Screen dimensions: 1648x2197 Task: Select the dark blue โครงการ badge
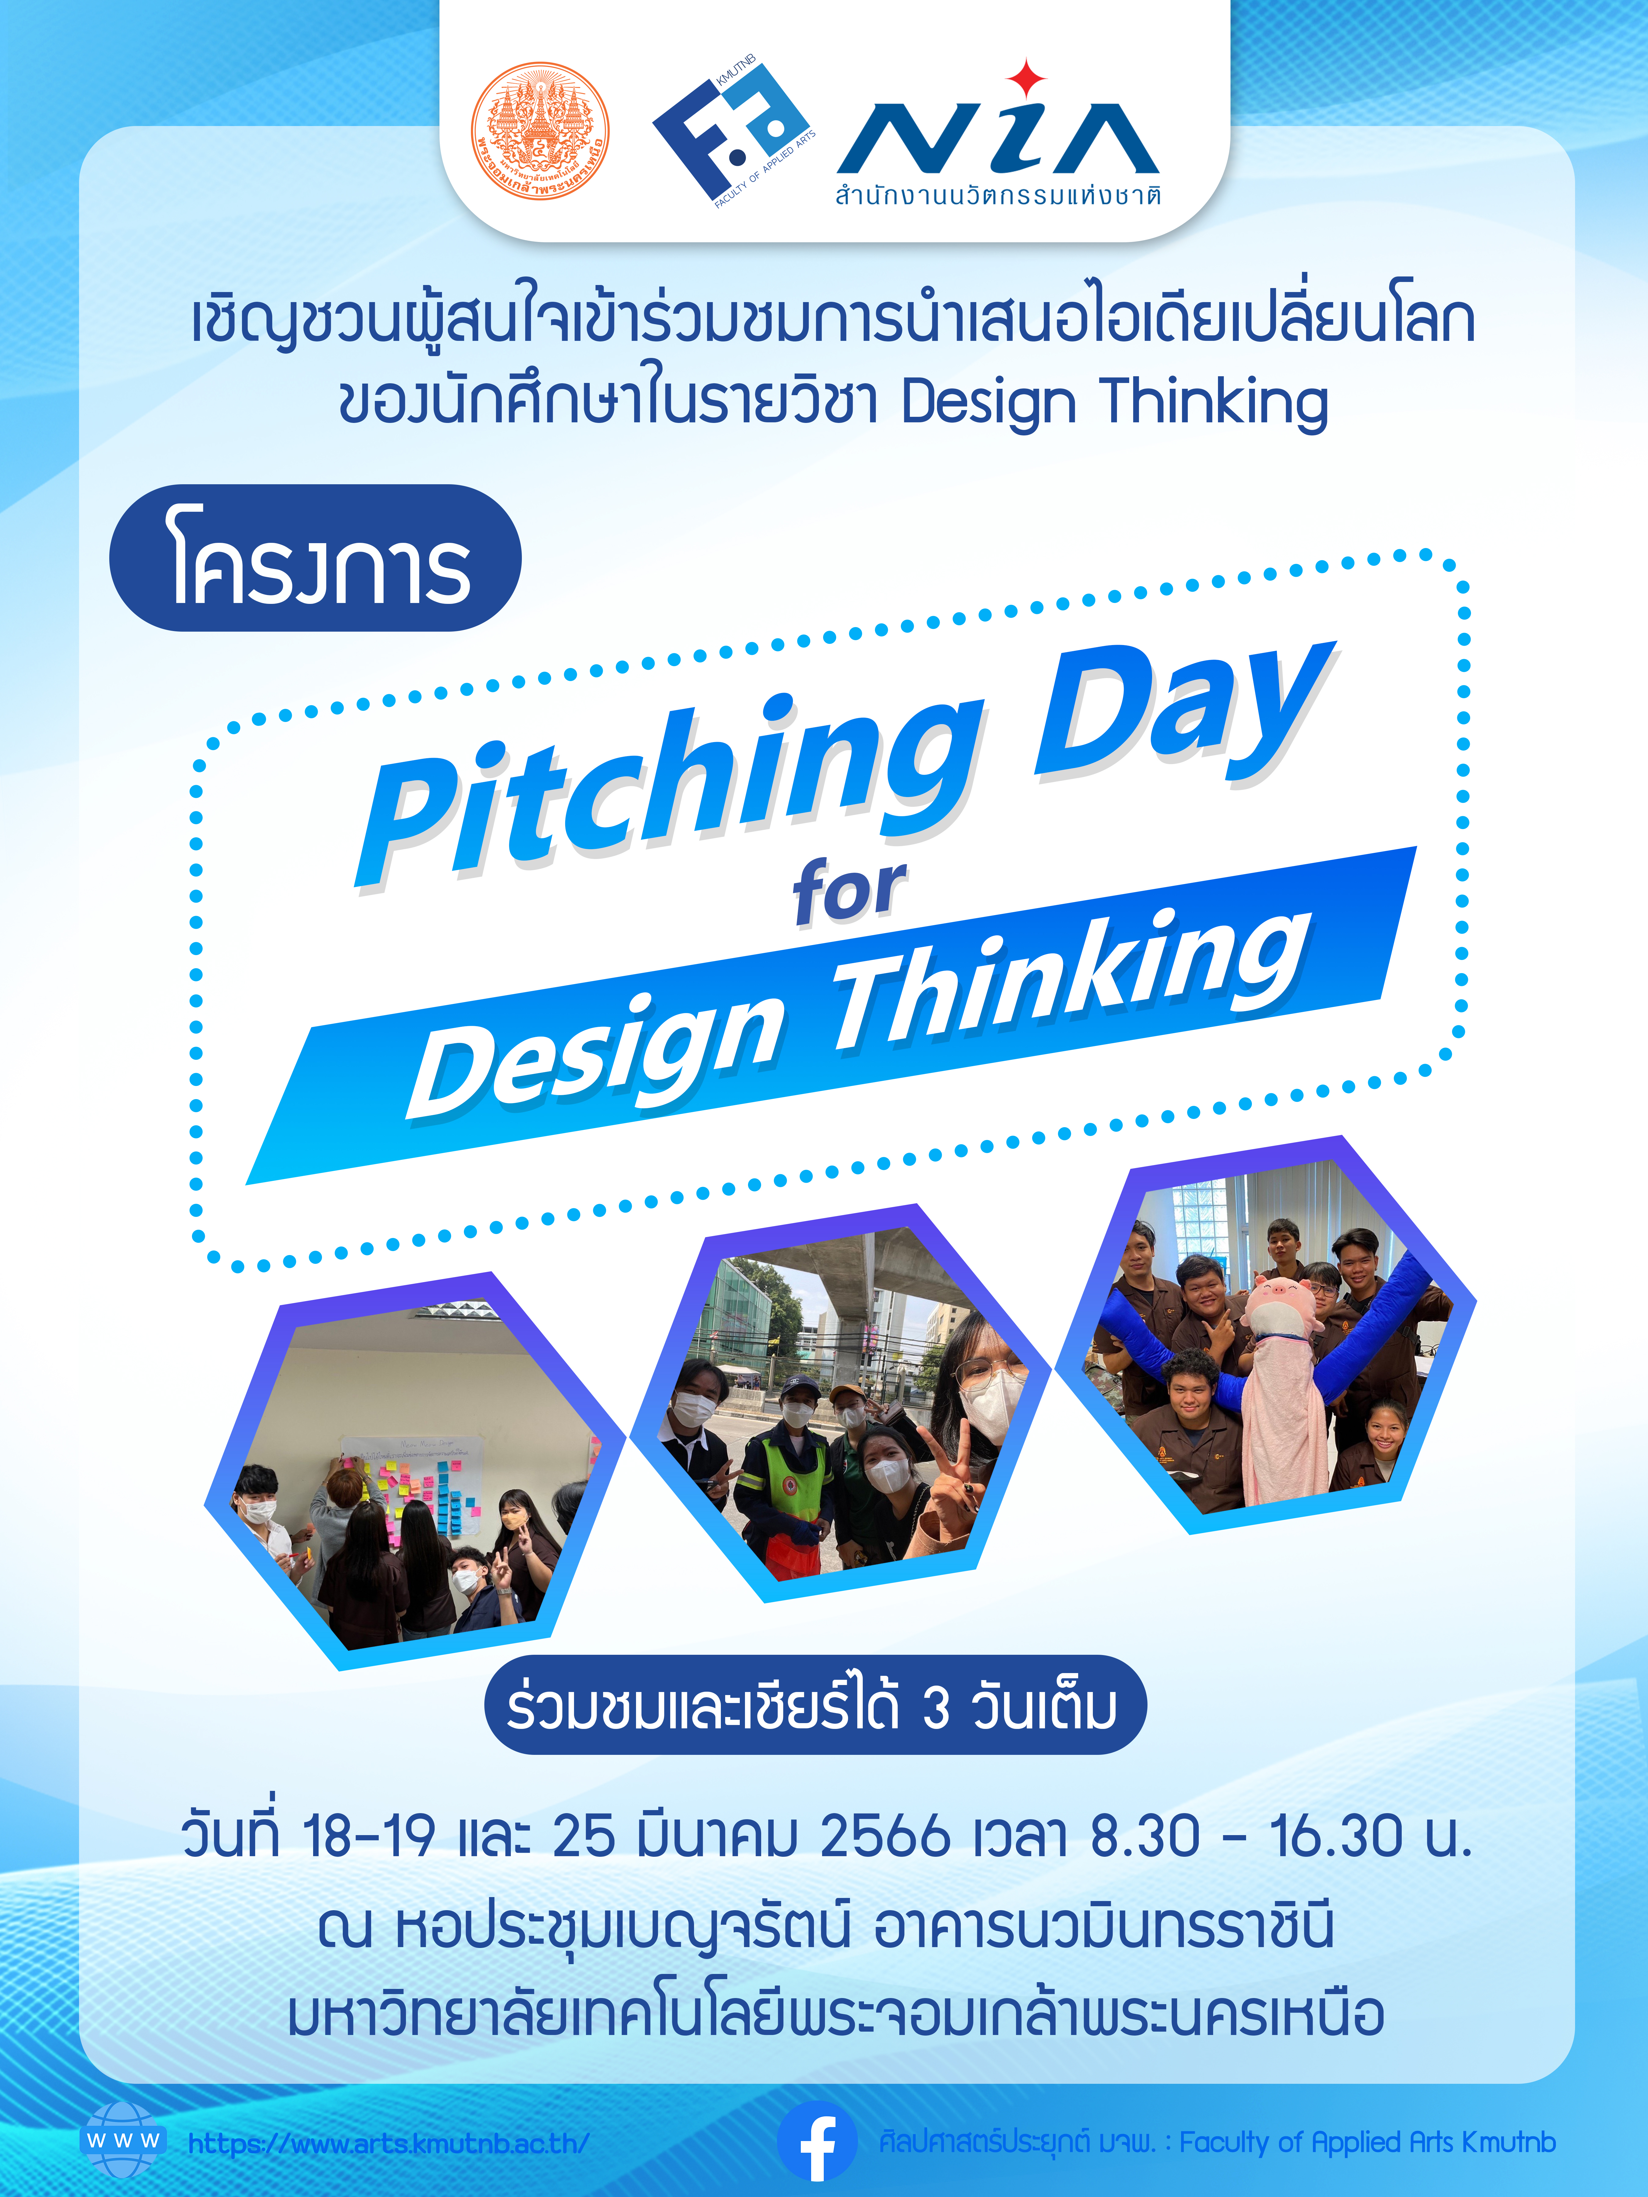(315, 558)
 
